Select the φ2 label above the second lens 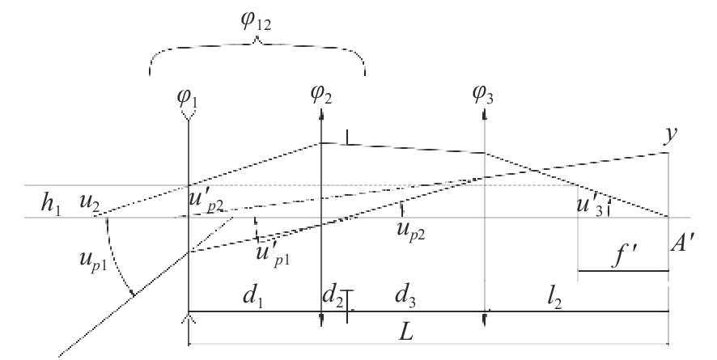(x=321, y=96)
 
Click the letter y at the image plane (x=668, y=137)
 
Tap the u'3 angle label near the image (x=589, y=205)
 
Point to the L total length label (x=419, y=335)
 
